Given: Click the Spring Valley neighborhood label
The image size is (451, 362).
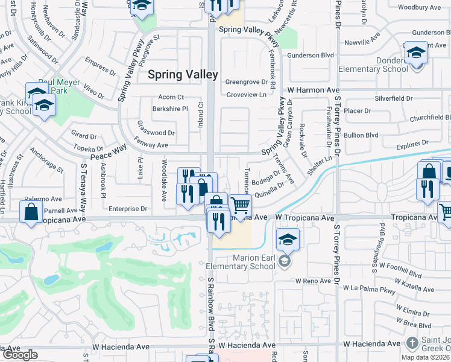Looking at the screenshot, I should point(183,74).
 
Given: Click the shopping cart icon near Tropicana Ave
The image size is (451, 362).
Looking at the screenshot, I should point(240,206).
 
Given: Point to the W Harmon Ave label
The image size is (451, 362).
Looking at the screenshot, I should point(313,90).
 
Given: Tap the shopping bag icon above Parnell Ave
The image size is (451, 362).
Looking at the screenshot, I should point(31,212).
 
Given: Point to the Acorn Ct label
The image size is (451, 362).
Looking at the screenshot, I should point(171,97).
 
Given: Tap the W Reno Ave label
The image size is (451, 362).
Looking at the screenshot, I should point(313,281).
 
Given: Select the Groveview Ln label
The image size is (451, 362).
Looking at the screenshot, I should point(246,95).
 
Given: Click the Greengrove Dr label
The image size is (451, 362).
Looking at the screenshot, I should point(246,82).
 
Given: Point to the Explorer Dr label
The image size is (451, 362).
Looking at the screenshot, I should point(412,142).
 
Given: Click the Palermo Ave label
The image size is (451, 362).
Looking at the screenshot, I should point(43,198).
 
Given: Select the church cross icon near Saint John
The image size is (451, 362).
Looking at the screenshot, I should point(412,344).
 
